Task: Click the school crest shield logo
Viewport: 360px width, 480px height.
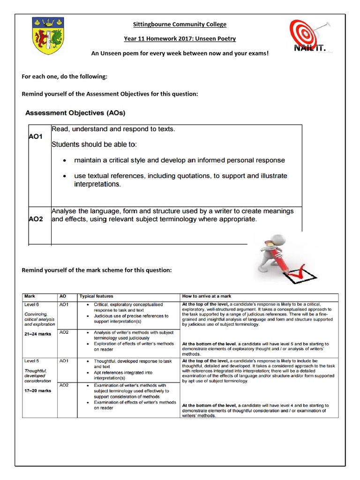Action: coord(48,36)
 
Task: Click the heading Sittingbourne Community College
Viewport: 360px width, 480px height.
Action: coord(180,24)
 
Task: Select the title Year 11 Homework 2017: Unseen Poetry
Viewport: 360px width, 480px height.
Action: coord(180,39)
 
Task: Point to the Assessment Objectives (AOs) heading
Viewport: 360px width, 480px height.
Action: coord(75,113)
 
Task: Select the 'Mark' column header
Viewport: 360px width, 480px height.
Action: coord(30,296)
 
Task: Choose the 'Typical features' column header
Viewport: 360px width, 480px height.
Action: coord(96,296)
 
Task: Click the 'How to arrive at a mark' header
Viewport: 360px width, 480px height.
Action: coord(206,296)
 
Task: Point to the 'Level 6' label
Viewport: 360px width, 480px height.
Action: coord(32,304)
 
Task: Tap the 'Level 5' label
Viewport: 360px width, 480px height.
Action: coord(32,361)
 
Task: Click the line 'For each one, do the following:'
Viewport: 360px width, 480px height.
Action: coord(65,76)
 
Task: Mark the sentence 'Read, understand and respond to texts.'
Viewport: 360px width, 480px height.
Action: coord(113,129)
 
